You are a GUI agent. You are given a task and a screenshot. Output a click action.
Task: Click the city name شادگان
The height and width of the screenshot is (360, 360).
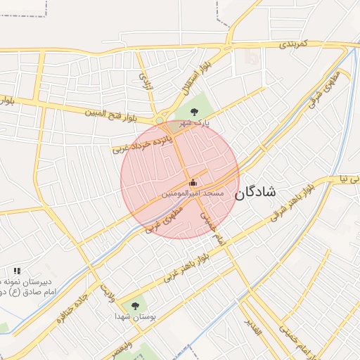pyautogui.click(x=256, y=192)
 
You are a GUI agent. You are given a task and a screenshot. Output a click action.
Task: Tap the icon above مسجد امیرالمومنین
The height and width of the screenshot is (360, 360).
pyautogui.click(x=193, y=183)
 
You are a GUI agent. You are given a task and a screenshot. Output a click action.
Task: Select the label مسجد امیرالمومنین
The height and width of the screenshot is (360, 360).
pyautogui.click(x=193, y=193)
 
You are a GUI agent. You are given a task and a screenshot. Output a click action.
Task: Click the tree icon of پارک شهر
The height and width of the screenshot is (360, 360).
pyautogui.click(x=194, y=112)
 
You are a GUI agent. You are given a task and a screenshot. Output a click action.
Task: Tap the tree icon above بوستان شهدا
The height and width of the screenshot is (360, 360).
pyautogui.click(x=135, y=306)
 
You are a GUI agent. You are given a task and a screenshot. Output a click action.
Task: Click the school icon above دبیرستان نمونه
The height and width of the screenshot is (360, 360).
pyautogui.click(x=17, y=271)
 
